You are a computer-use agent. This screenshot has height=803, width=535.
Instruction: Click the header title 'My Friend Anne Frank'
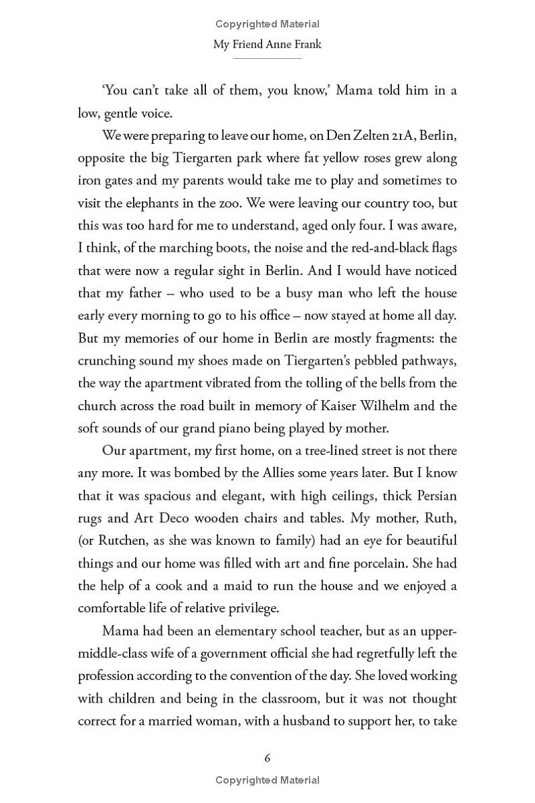coord(267,45)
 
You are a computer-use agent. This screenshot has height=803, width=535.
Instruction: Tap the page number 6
coord(267,757)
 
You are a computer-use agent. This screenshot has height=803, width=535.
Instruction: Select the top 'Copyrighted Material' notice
coord(267,24)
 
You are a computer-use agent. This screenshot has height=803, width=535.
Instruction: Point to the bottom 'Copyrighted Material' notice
coord(267,780)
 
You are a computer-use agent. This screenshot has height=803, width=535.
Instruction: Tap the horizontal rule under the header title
coord(267,58)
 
